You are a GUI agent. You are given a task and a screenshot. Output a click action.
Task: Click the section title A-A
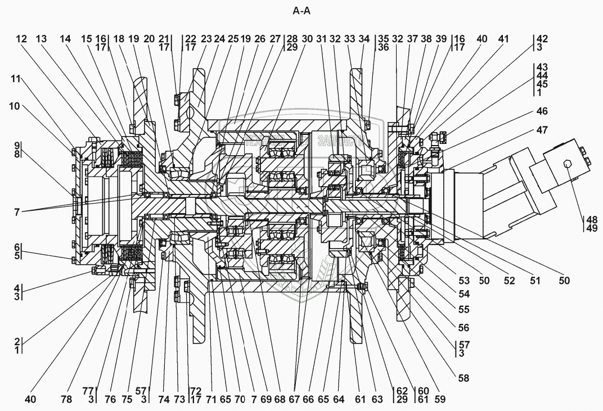pos(301,11)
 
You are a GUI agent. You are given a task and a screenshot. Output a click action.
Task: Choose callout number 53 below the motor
pos(464,281)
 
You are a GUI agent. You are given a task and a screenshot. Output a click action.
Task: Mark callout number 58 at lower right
pos(463,378)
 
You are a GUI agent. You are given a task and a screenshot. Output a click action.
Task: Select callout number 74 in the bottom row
pos(163,399)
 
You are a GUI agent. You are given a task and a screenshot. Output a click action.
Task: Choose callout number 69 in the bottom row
pos(265,399)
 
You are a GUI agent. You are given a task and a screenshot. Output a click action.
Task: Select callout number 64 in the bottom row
pos(338,399)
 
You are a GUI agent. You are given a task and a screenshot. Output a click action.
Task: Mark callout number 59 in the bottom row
pos(440,399)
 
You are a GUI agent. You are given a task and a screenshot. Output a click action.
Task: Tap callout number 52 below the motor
pos(509,281)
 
